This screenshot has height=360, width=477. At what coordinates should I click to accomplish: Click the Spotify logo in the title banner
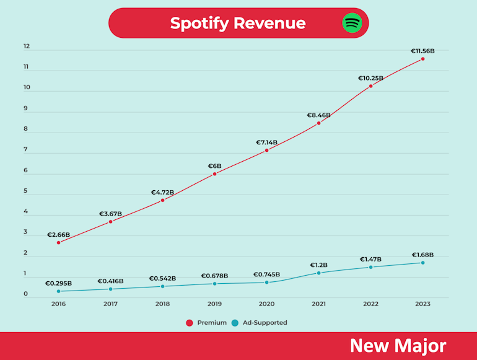pos(352,23)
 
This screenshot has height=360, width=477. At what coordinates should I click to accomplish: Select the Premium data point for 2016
pos(58,242)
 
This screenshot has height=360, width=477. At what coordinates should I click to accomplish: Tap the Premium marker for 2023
pos(422,59)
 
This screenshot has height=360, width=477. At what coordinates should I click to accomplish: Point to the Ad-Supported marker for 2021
pos(318,273)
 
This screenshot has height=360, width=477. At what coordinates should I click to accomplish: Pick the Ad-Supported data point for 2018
pos(162,286)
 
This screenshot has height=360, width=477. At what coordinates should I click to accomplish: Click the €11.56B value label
pos(422,51)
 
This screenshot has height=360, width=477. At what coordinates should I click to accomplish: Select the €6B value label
pos(214,166)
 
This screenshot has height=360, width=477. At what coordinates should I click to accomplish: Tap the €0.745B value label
pos(266,274)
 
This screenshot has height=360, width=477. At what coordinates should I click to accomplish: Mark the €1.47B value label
pos(370,259)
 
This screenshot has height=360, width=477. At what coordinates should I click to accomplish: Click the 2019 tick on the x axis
pos(214,304)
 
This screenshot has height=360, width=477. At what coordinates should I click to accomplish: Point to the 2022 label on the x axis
pos(370,304)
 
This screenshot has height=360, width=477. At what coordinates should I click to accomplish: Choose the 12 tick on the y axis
pos(27,46)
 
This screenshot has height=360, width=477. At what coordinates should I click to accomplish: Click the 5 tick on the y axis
pos(26,191)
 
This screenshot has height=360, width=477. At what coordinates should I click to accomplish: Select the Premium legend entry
pos(207,323)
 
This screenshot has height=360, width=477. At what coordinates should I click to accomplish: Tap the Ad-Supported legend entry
pos(260,323)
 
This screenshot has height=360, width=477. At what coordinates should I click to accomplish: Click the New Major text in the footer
pos(397,346)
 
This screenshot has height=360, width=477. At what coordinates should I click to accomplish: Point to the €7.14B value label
pos(266,143)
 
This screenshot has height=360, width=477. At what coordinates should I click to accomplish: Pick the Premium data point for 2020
pos(266,150)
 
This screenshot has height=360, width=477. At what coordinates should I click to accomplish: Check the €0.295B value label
pos(58,284)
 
